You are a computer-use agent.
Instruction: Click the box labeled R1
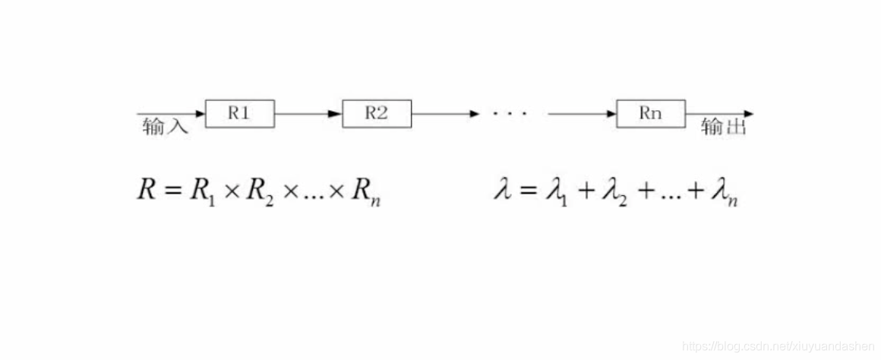240,114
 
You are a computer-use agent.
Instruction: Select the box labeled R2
377,114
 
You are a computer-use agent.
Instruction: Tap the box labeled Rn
650,114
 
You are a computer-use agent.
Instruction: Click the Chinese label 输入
164,127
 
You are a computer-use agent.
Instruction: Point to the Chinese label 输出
724,127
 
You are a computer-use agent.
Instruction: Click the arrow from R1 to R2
308,114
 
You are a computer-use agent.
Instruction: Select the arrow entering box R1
171,114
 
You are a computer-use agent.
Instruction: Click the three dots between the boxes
510,115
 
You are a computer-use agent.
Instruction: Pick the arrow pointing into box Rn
582,114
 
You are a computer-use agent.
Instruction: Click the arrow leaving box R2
445,114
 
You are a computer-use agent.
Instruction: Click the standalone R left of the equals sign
146,189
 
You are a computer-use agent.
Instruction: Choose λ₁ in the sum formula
557,191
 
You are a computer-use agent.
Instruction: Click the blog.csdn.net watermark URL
778,346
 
